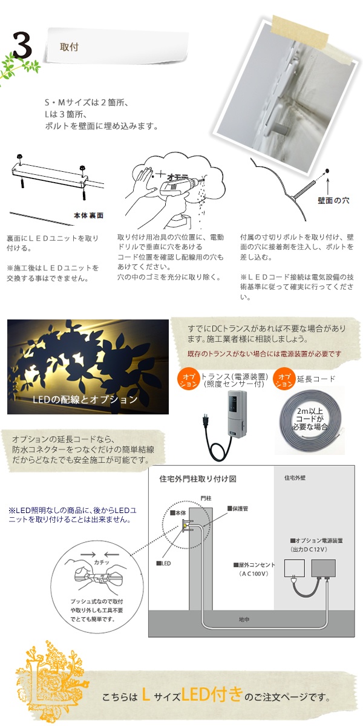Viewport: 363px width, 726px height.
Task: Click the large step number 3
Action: [22, 46]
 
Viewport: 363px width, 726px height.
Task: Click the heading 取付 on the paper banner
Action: [69, 47]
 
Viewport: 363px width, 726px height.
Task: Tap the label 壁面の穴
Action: [333, 201]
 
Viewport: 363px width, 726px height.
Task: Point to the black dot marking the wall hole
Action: [327, 171]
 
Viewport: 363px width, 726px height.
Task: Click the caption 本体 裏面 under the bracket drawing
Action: [88, 215]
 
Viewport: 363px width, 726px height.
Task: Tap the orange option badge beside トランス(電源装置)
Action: [188, 380]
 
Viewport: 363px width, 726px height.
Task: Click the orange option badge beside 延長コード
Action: [284, 379]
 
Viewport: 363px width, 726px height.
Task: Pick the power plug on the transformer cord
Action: [204, 420]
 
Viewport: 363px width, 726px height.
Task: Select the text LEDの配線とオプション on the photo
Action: [85, 399]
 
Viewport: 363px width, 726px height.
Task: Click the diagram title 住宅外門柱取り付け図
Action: [198, 479]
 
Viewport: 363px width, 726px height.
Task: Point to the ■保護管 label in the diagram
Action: [238, 509]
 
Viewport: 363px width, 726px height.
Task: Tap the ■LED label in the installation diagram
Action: [164, 563]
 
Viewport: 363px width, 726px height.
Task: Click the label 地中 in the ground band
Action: [244, 620]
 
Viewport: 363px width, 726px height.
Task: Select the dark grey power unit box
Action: [324, 568]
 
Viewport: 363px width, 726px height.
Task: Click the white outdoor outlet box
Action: [294, 568]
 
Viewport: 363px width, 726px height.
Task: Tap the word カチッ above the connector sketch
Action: [102, 562]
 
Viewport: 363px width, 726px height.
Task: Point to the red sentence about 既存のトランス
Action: [264, 354]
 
